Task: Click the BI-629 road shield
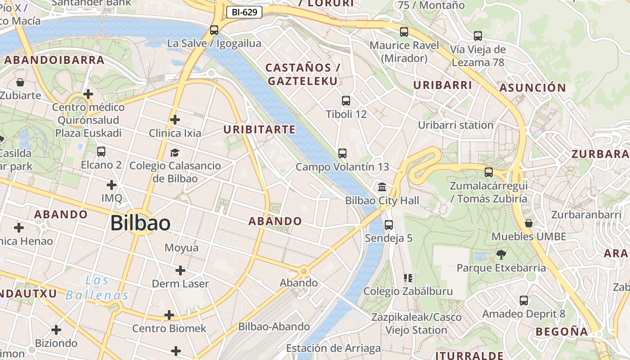coord(244,12)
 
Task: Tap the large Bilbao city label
coord(140,223)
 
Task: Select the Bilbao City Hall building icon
coord(382,187)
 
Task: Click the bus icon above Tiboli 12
coord(346,101)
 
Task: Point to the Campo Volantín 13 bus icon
coord(342,153)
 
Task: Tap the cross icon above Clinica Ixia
coord(175,120)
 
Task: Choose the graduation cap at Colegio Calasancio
coord(175,153)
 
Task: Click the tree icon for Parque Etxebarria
coord(501,255)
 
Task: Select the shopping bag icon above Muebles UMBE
coord(529,223)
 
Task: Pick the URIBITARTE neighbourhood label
coord(260,130)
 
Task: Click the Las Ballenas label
coord(97,288)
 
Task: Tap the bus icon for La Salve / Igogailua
coord(214,30)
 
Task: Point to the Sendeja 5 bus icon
coord(389,225)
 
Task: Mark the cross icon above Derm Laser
coord(180,270)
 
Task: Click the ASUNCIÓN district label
coord(533,88)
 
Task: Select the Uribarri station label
coord(456,125)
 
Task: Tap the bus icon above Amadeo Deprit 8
coord(524,301)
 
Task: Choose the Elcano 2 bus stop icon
coord(101,152)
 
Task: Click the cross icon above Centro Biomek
coord(169,315)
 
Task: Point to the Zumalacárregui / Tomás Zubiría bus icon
coord(489,172)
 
